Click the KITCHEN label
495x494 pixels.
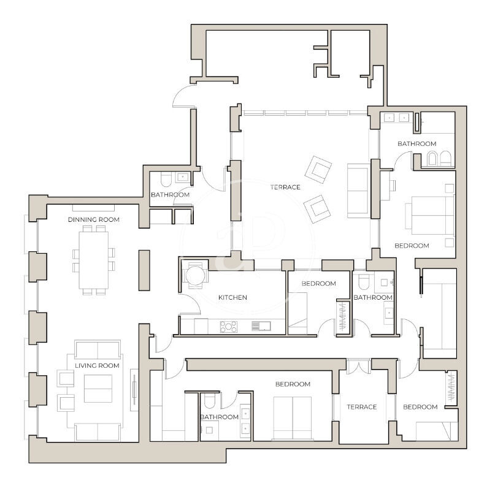(x=232, y=297)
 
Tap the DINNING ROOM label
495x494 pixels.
(x=94, y=219)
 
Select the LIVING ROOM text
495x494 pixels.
(x=97, y=366)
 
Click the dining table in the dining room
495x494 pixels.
(x=93, y=260)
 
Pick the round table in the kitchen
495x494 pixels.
(x=196, y=276)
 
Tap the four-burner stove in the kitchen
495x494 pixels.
(x=229, y=327)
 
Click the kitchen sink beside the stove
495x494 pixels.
(x=261, y=326)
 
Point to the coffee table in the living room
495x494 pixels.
(x=98, y=389)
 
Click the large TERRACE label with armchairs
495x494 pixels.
(x=285, y=187)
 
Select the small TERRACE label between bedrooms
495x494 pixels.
(x=362, y=407)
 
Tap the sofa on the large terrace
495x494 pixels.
(x=359, y=191)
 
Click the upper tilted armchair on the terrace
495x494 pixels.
(x=318, y=169)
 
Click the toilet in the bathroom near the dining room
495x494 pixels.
(x=166, y=179)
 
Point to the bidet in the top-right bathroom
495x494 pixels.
(x=432, y=158)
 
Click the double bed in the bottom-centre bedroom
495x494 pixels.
(x=293, y=418)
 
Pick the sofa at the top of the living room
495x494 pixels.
(x=98, y=349)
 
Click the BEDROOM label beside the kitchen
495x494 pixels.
(x=319, y=284)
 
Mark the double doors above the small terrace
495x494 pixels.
(x=359, y=366)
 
